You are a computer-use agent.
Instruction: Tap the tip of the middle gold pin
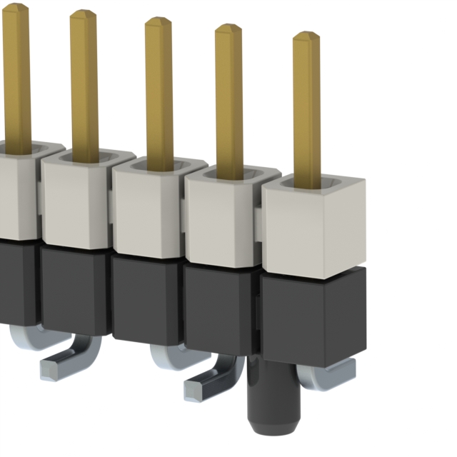[159, 23]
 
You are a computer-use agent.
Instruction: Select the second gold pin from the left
[84, 79]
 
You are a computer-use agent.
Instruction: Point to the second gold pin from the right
[229, 93]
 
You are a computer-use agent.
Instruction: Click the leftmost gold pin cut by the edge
[16, 71]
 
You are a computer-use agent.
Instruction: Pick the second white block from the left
[75, 204]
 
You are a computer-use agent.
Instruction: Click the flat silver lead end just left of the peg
[200, 389]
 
